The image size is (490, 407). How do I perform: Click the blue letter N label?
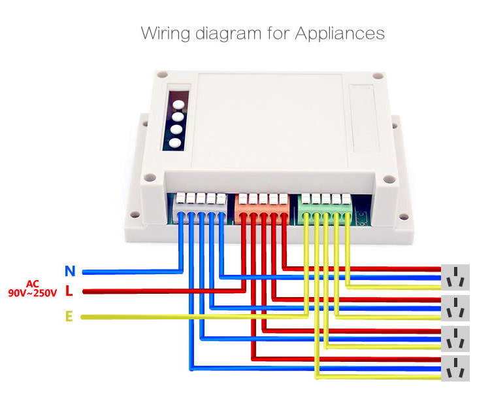[x=70, y=270]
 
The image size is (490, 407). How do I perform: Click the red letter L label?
[x=69, y=291]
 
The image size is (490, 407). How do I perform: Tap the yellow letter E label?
[x=69, y=317]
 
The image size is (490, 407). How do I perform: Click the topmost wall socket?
[x=456, y=277]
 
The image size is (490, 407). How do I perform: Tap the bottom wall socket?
[x=456, y=368]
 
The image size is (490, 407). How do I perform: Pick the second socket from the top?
[x=456, y=308]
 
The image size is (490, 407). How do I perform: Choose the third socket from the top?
[x=456, y=338]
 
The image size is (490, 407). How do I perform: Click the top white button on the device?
[x=176, y=103]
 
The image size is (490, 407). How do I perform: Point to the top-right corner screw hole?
[x=376, y=76]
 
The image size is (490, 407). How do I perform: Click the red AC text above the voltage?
[x=33, y=283]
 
